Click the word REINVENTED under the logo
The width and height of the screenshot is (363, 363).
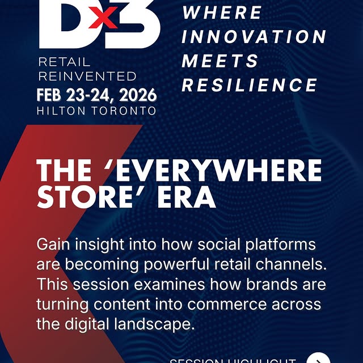click(x=87, y=75)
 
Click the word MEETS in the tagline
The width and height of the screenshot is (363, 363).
click(x=220, y=61)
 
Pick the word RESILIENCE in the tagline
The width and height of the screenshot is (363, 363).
click(x=250, y=86)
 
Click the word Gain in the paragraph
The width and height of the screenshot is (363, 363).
click(x=55, y=246)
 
